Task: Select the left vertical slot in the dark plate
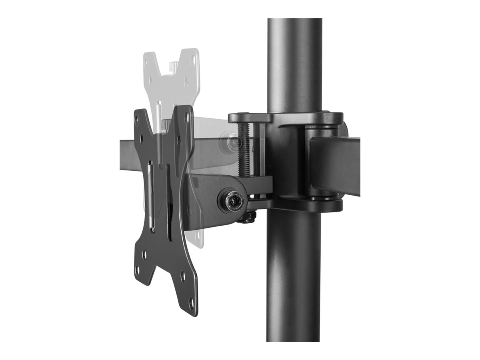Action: [x=150, y=196]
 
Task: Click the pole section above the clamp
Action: [x=294, y=64]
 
